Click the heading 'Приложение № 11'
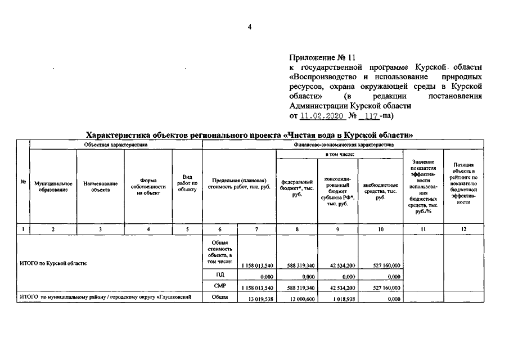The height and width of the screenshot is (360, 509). pos(323,57)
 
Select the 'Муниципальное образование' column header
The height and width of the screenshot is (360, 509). pos(53,187)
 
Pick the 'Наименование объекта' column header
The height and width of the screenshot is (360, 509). pos(100,187)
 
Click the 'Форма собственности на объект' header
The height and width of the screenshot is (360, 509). pos(148,187)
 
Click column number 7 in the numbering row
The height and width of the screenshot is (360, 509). pos(256,229)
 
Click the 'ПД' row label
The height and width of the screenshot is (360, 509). pos(220,275)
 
